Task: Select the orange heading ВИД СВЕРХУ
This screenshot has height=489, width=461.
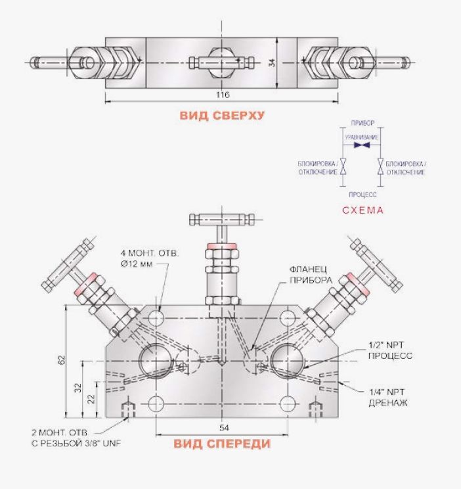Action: [x=221, y=116]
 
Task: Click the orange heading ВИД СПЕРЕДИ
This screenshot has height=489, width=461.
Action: [x=222, y=444]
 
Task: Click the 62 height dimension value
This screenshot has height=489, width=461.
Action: [x=61, y=360]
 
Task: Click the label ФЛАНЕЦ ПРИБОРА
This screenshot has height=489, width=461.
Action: [x=311, y=275]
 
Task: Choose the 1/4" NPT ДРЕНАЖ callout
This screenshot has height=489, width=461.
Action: [x=388, y=397]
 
